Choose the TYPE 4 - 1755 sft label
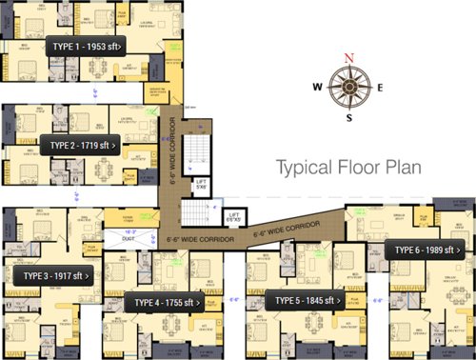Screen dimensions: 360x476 [165, 303]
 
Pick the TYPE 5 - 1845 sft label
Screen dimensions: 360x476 [306, 301]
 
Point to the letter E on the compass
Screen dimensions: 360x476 [380, 88]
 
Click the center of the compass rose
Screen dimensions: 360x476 [349, 88]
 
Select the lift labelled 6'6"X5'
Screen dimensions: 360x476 [233, 216]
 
